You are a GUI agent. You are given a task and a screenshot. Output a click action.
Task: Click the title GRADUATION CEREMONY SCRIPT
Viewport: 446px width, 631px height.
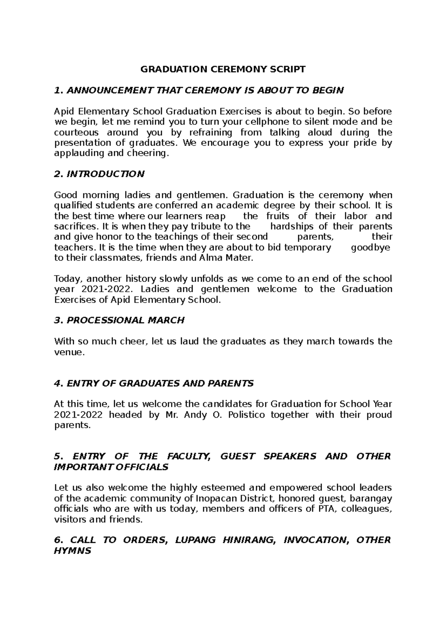pyautogui.click(x=223, y=69)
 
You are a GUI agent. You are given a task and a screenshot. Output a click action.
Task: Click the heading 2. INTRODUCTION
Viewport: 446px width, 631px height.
pyautogui.click(x=99, y=174)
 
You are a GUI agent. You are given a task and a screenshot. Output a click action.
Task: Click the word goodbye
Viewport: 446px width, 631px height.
pyautogui.click(x=370, y=247)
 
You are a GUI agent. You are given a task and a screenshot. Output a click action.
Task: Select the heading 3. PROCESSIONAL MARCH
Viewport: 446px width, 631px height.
pyautogui.click(x=119, y=320)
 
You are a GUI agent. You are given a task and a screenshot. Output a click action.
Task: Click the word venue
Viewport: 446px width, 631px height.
pyautogui.click(x=69, y=352)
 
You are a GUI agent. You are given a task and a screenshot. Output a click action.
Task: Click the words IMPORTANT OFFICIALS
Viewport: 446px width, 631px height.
pyautogui.click(x=111, y=467)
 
